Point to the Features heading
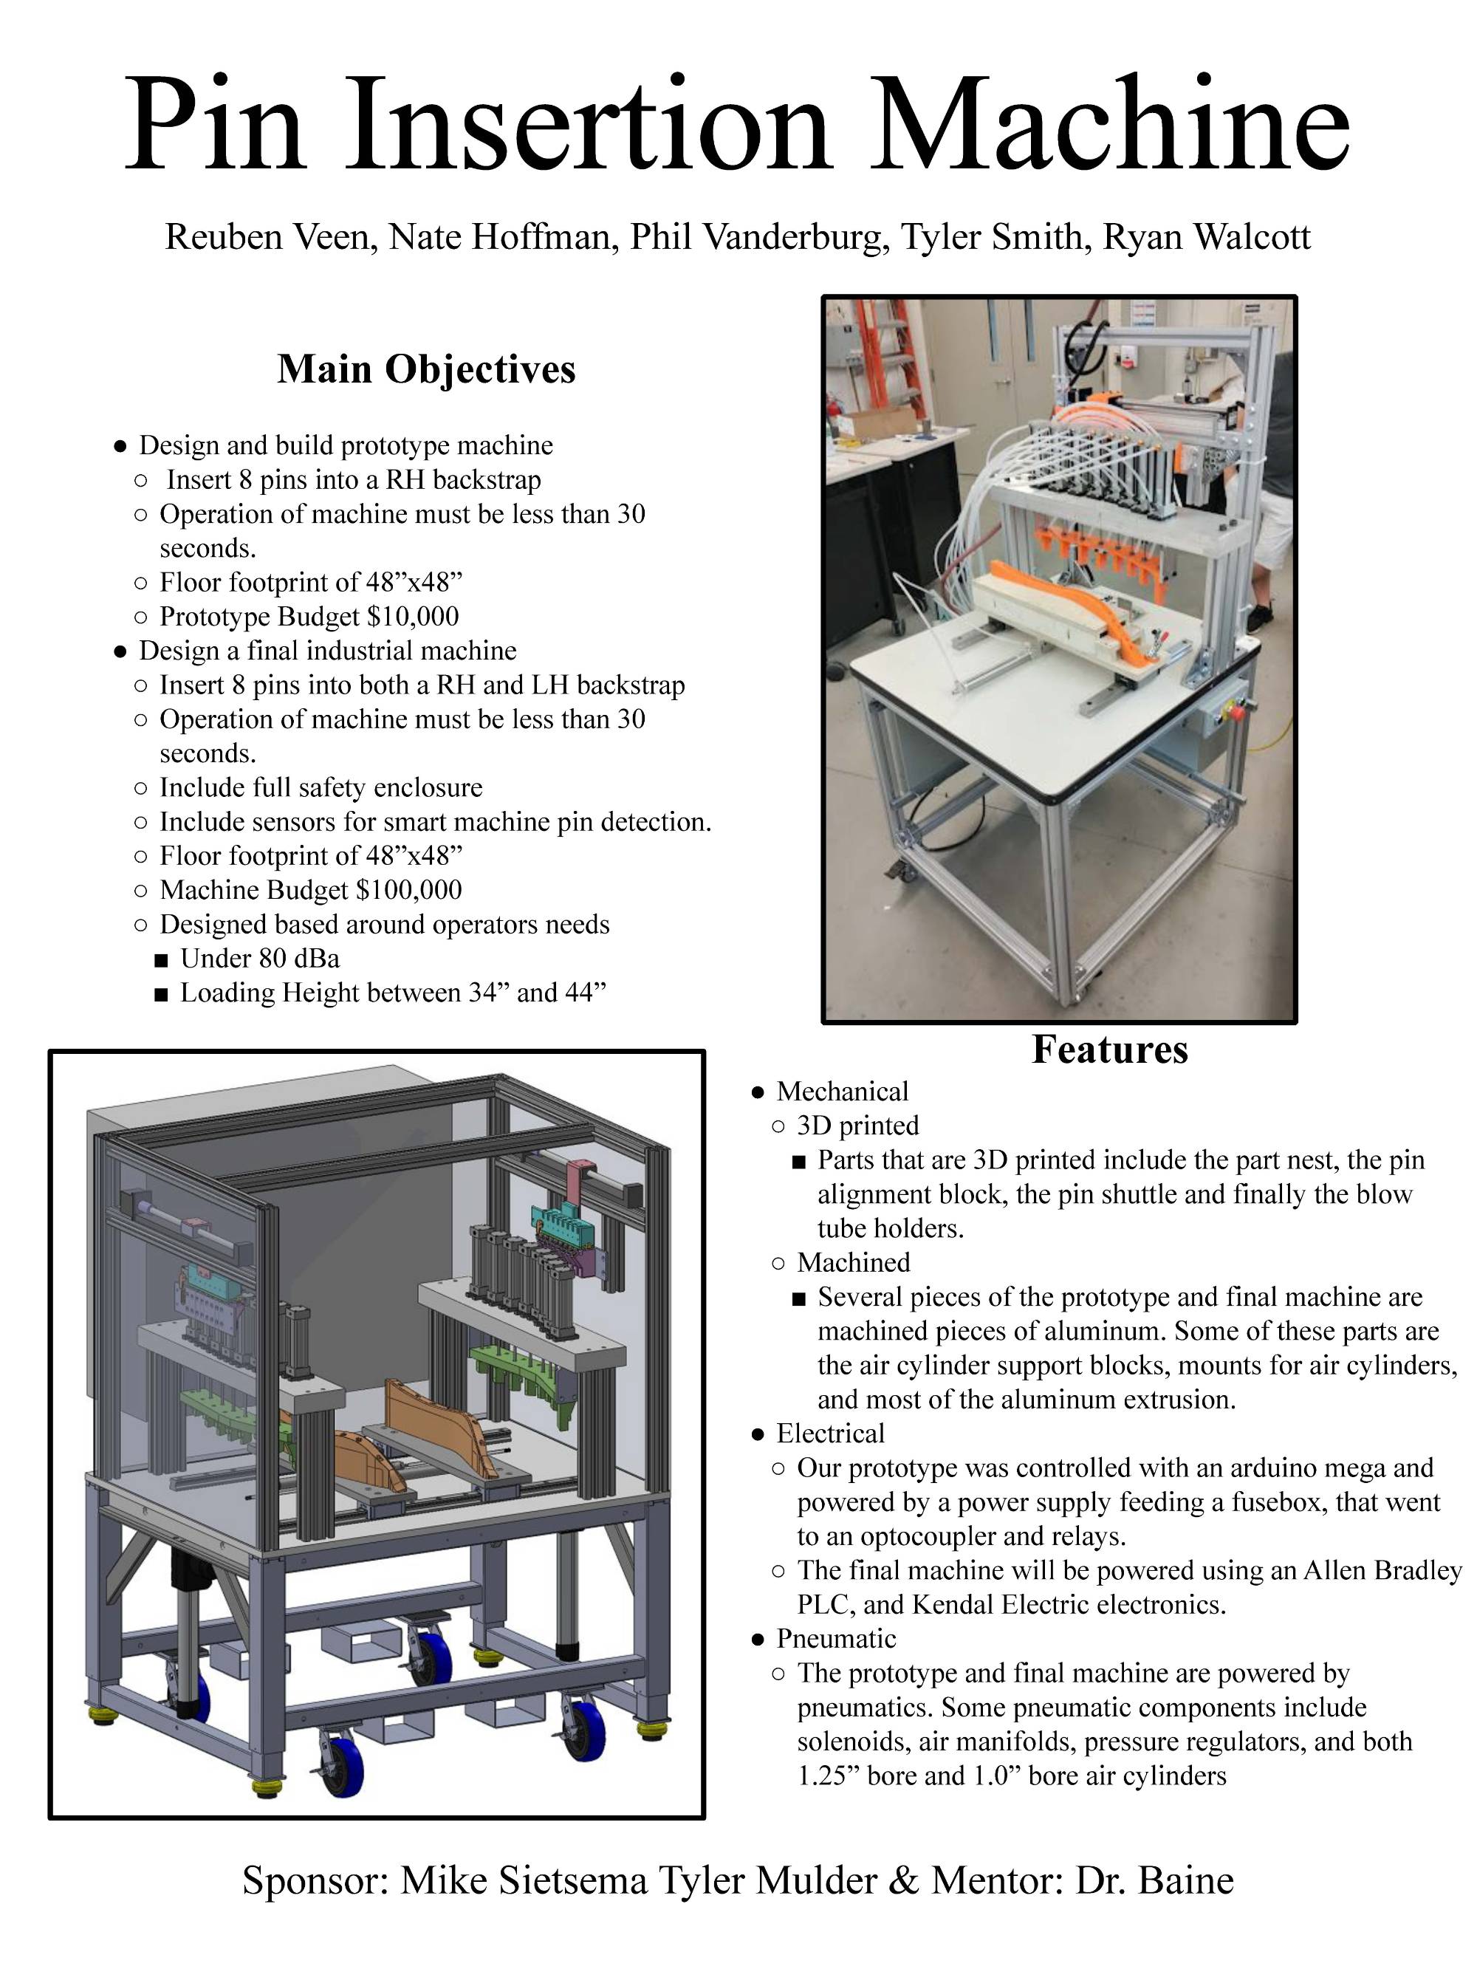click(x=1109, y=1049)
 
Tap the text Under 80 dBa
click(x=259, y=958)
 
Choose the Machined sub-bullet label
click(x=853, y=1262)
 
